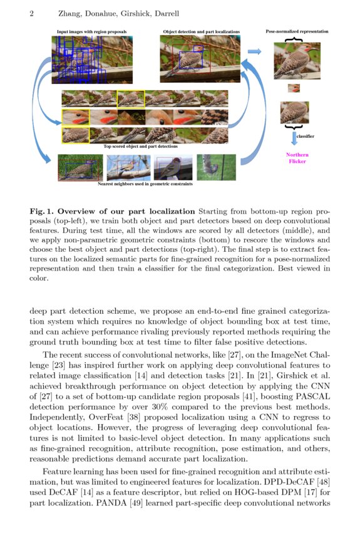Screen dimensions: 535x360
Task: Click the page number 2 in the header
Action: click(31, 13)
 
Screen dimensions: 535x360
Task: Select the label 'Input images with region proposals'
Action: click(91, 31)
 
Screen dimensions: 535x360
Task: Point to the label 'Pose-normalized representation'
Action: click(297, 31)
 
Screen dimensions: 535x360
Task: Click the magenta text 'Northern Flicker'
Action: click(297, 158)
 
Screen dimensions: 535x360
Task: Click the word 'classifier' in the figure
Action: click(304, 136)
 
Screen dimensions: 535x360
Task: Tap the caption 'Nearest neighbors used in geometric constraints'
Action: click(145, 185)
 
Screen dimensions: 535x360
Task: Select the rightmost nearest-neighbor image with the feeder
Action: click(217, 168)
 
